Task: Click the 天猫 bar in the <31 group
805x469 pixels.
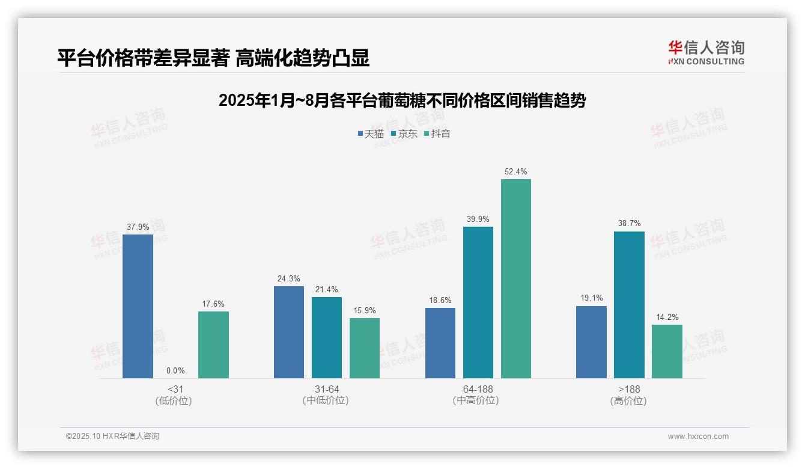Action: [138, 306]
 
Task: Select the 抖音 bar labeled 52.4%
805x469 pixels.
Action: [516, 278]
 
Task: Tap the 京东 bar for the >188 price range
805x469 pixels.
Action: [629, 305]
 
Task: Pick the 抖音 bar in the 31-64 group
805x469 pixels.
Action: [365, 348]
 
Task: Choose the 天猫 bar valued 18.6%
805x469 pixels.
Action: [440, 343]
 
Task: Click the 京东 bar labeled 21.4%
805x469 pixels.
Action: [327, 337]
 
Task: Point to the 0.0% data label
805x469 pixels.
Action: [175, 371]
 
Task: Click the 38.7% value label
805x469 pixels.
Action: [630, 224]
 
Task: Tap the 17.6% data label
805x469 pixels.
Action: [213, 304]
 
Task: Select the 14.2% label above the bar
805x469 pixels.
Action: [667, 317]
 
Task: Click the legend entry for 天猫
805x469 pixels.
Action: [371, 134]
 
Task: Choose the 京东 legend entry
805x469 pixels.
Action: [404, 134]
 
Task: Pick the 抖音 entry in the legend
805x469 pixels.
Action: [437, 134]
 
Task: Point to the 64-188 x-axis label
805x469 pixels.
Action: [478, 389]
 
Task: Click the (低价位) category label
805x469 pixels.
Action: [174, 400]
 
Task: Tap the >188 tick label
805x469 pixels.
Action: [629, 389]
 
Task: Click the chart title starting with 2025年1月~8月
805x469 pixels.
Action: [402, 100]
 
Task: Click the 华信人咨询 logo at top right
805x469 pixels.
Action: [706, 53]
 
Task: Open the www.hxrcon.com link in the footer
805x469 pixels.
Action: [698, 437]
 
